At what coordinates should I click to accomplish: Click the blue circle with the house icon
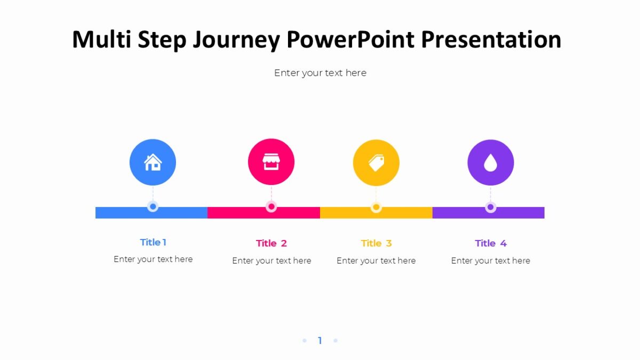pyautogui.click(x=153, y=162)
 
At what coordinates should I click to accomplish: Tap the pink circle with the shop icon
pyautogui.click(x=271, y=162)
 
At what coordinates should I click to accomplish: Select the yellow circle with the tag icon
pyautogui.click(x=376, y=163)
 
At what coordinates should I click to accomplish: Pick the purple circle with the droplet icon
pyautogui.click(x=491, y=163)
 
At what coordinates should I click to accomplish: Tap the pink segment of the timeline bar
pyautogui.click(x=240, y=213)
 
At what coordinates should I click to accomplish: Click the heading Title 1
pyautogui.click(x=153, y=242)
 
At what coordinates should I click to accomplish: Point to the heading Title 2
pyautogui.click(x=271, y=243)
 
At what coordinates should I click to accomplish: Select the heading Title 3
pyautogui.click(x=376, y=243)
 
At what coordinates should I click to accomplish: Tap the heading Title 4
pyautogui.click(x=491, y=243)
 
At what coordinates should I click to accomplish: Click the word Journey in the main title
pyautogui.click(x=235, y=40)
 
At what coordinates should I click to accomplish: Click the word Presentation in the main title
pyautogui.click(x=491, y=40)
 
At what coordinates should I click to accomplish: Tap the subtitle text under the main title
pyautogui.click(x=320, y=73)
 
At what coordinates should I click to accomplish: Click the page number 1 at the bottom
pyautogui.click(x=320, y=340)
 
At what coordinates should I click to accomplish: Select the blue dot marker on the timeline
pyautogui.click(x=153, y=206)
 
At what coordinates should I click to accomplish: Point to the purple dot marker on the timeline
pyautogui.click(x=491, y=207)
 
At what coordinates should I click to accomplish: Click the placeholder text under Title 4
pyautogui.click(x=491, y=261)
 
